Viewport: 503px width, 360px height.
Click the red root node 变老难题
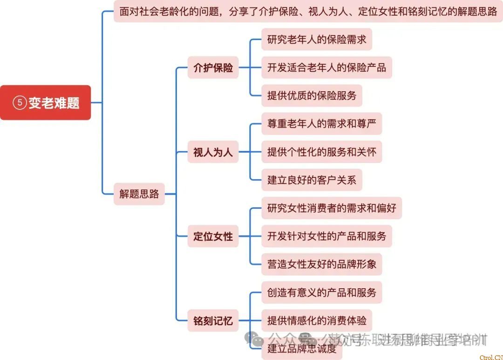[x=46, y=102]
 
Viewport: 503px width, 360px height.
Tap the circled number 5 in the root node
[x=20, y=103]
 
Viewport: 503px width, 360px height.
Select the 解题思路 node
[x=139, y=194]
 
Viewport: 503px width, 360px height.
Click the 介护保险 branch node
[x=213, y=68]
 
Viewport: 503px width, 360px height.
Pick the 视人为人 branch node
[x=213, y=152]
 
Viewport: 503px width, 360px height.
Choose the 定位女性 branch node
[x=213, y=236]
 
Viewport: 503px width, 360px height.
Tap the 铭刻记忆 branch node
[x=213, y=320]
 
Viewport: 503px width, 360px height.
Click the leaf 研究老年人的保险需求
[x=317, y=40]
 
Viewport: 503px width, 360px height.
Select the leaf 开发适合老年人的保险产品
[x=326, y=68]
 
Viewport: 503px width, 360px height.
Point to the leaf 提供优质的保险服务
[x=312, y=95]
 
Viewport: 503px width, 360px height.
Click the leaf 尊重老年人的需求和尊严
[x=321, y=123]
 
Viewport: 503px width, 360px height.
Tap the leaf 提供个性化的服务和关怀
[x=321, y=152]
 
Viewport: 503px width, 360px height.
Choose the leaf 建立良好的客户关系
[x=312, y=180]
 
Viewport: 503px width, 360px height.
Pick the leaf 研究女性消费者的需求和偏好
[x=332, y=208]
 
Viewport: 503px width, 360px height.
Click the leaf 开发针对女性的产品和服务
[x=326, y=236]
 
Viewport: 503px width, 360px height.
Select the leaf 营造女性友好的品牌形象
[x=321, y=264]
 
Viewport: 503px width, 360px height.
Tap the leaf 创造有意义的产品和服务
[x=321, y=292]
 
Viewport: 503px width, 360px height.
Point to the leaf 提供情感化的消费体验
[x=317, y=320]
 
